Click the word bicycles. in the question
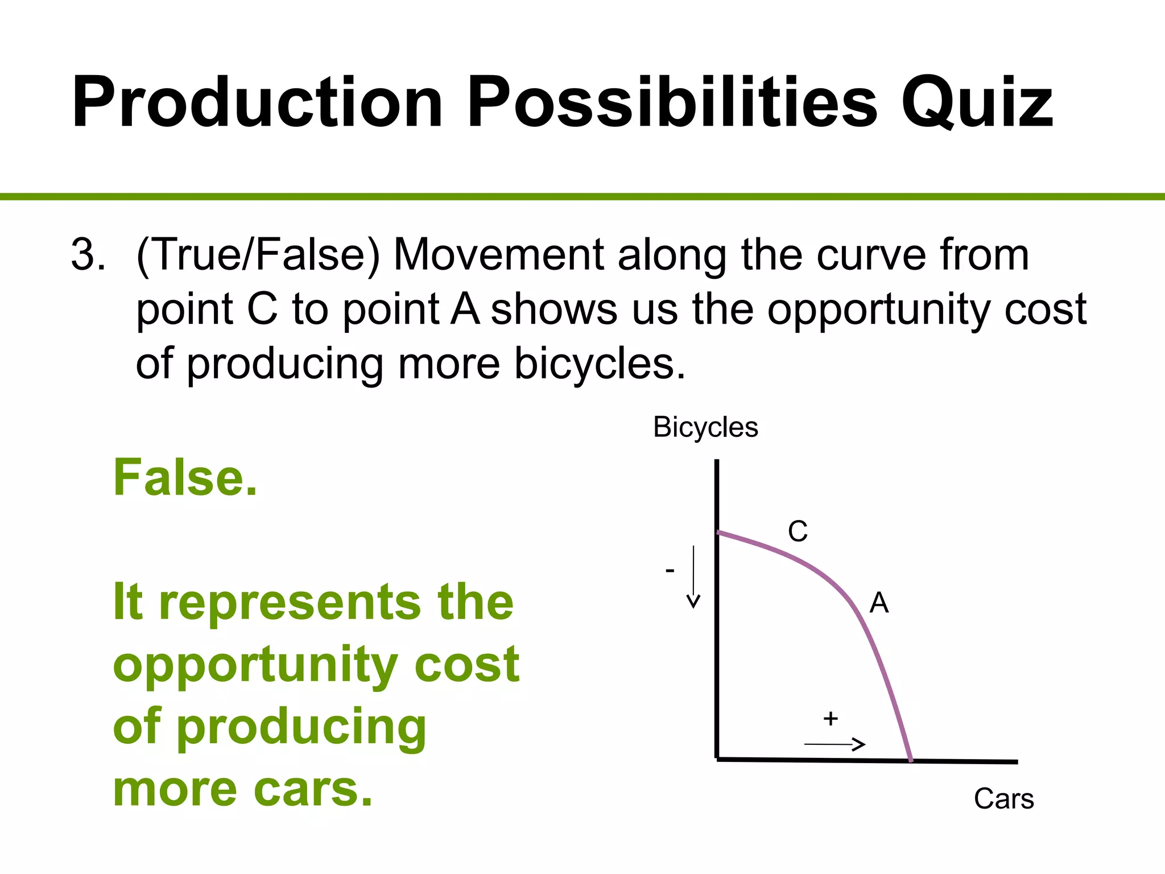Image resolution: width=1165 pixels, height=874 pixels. (600, 364)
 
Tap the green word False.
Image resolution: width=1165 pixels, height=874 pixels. (185, 478)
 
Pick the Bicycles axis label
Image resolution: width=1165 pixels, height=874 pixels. (705, 427)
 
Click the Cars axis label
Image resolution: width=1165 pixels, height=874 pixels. (1003, 799)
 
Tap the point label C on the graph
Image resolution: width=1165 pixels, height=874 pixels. (798, 531)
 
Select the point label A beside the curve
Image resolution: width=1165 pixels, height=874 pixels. (879, 603)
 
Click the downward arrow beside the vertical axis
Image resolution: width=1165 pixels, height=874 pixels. (693, 577)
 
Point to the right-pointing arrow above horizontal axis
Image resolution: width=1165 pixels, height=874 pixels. (834, 744)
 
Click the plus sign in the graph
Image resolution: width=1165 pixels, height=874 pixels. (831, 719)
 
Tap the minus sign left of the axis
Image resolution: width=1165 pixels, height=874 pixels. (670, 570)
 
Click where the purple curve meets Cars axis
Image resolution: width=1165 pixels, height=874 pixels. (911, 760)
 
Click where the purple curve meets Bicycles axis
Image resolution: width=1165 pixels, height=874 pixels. (718, 533)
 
